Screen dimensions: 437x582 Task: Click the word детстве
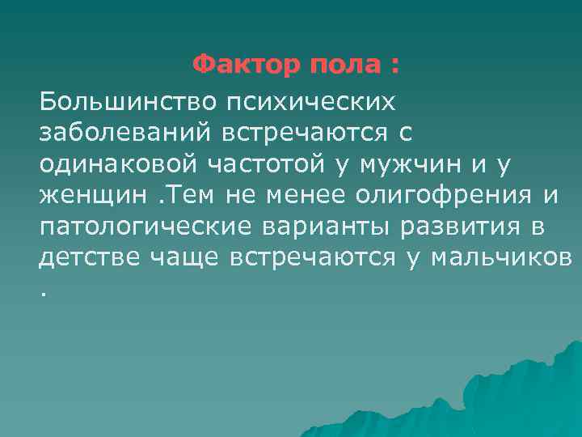pyautogui.click(x=90, y=257)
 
